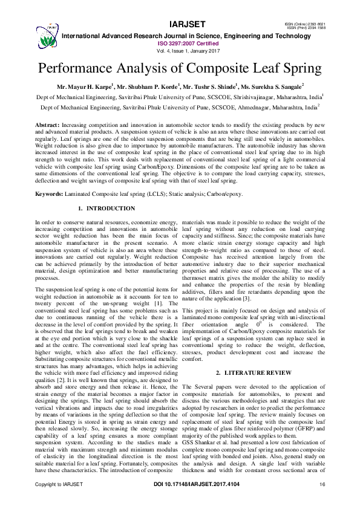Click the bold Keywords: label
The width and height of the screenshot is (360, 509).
click(x=51, y=194)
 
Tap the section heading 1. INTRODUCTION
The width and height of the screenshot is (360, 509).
click(x=107, y=209)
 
